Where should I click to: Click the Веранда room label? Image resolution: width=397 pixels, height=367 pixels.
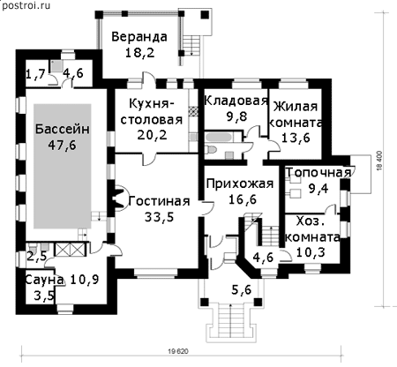(139, 37)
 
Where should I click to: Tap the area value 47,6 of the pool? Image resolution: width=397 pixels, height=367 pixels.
(62, 145)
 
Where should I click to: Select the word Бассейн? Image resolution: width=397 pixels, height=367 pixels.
(63, 129)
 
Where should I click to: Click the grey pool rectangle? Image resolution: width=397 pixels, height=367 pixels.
(62, 166)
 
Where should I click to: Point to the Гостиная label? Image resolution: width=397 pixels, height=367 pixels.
(159, 201)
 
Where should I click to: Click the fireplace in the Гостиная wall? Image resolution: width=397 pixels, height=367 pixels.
(118, 198)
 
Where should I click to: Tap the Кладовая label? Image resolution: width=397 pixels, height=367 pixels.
(236, 101)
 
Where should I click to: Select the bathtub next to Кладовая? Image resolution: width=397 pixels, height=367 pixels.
(220, 138)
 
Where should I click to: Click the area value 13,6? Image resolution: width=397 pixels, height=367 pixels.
(296, 138)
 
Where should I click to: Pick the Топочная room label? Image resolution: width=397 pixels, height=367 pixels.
(318, 173)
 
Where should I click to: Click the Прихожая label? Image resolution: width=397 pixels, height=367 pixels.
(240, 184)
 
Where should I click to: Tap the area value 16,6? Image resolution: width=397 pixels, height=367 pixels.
(243, 199)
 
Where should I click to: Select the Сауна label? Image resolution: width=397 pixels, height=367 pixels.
(44, 280)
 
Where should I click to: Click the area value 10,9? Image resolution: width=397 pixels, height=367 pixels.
(85, 280)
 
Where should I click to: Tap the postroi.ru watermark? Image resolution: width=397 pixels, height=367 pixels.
(26, 5)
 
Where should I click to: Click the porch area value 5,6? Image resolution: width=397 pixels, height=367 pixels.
(242, 290)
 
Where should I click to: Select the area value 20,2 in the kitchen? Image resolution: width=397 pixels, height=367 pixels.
(152, 135)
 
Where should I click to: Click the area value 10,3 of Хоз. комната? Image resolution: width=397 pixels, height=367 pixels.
(311, 252)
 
